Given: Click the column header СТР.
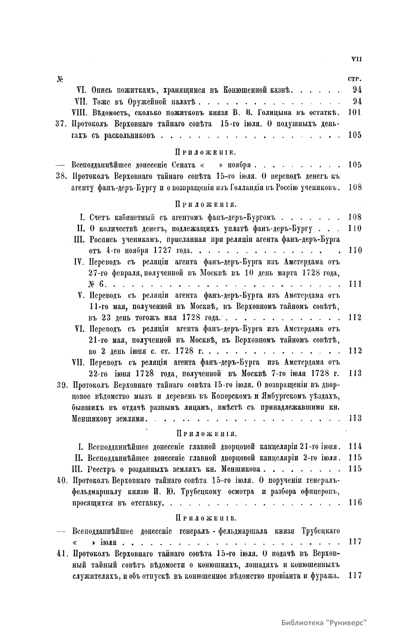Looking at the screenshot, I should (354, 78).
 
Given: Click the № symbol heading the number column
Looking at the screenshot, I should (59, 79).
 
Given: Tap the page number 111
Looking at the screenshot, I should (355, 284).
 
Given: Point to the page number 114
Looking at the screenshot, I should (355, 446).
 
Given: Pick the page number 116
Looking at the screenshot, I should (355, 503).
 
